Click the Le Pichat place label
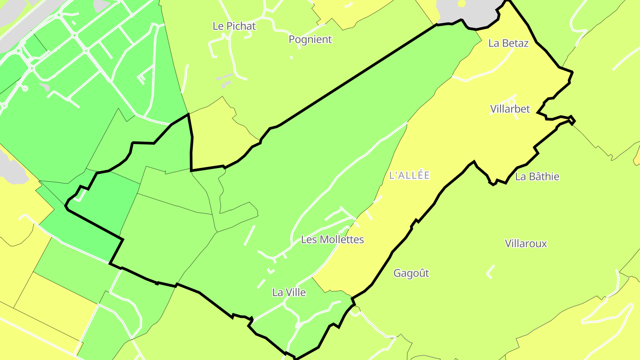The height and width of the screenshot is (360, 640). point(234,26)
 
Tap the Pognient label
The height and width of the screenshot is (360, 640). point(310,40)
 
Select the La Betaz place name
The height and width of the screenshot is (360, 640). point(508,43)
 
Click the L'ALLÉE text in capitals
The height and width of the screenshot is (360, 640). point(409,175)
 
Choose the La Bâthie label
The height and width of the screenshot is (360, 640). point(537,176)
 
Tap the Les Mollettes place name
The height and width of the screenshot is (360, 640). point(332,240)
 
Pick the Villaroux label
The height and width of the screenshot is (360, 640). point(526,244)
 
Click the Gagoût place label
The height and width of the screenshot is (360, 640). point(411,273)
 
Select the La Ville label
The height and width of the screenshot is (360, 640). point(289,292)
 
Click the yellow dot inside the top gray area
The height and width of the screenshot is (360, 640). point(462,4)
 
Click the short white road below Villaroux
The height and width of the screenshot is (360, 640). point(491,271)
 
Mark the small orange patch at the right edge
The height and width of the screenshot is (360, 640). point(637,156)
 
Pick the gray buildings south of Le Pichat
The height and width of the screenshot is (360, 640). point(225,80)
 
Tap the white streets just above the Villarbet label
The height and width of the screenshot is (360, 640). point(511,99)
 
